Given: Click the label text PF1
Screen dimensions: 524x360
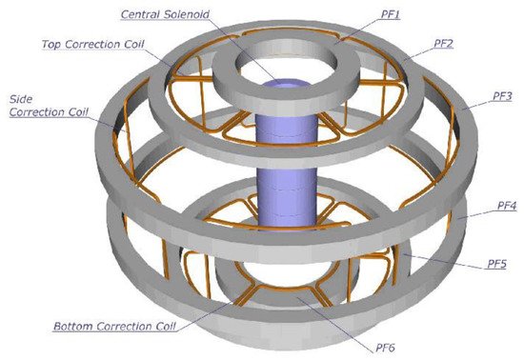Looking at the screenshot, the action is pos(391,14).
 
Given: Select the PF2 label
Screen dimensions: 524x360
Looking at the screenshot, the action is pos(443,44).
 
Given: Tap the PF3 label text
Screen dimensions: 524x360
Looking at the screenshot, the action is pos(502,96).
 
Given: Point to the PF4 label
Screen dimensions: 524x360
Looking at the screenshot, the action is pos(507,206).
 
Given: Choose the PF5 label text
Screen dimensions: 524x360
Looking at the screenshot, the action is pos(496,264).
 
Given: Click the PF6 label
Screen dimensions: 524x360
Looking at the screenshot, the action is pos(385,348).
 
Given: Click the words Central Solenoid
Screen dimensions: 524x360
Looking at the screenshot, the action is pos(165,14).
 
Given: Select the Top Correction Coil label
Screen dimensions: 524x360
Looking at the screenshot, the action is pos(93,44).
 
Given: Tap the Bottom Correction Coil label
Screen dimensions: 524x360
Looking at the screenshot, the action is pos(114,326).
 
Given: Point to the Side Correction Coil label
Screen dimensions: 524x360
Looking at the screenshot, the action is pos(49,106).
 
